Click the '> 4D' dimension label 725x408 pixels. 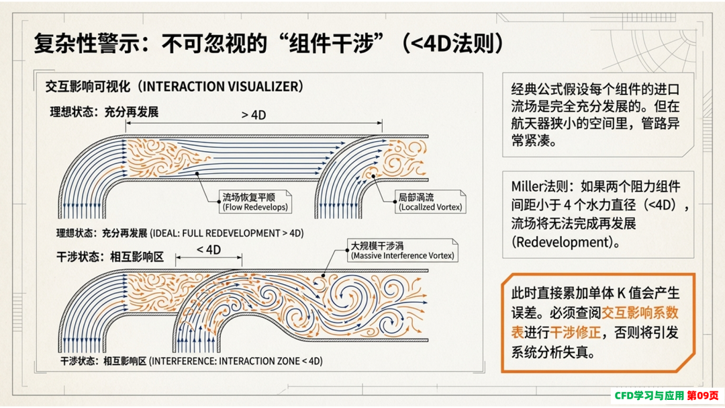tap(253, 115)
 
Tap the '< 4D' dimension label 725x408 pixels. tap(209, 250)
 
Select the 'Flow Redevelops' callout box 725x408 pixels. tap(255, 202)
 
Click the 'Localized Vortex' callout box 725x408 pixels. tap(430, 202)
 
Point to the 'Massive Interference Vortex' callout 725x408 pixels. tap(402, 250)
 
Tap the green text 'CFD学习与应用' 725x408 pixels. tap(648, 395)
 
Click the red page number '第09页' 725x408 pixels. tap(703, 395)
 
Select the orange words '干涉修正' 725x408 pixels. tap(575, 333)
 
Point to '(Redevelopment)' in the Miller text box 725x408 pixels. tap(565, 242)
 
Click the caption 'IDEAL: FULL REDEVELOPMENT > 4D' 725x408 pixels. tap(227, 233)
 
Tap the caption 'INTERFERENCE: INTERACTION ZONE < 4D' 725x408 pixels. tap(236, 361)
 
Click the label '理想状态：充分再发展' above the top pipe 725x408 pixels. tap(104, 112)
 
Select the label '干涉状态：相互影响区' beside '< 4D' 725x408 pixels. tap(110, 257)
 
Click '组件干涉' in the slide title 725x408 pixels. tap(330, 44)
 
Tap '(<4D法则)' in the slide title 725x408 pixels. tap(452, 44)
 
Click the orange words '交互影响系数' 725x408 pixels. tap(640, 313)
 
